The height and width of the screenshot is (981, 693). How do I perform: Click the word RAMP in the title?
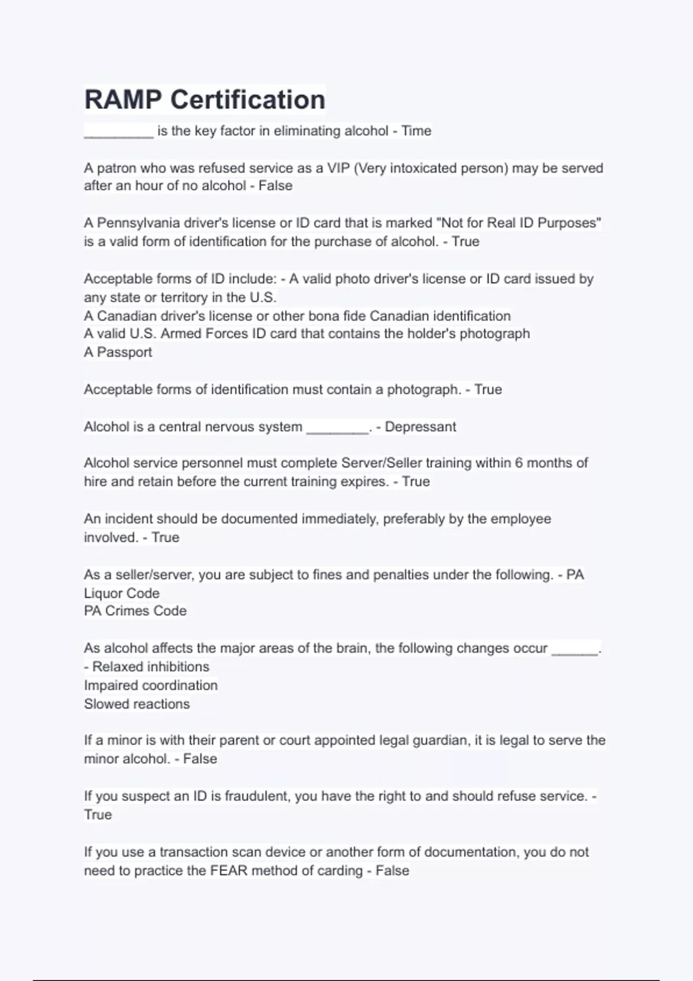[123, 100]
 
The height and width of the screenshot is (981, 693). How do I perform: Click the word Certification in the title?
[248, 100]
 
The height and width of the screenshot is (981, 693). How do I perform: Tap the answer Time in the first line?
[416, 131]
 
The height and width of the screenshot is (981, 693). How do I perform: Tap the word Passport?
[124, 352]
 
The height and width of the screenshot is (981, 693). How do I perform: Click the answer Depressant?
[420, 426]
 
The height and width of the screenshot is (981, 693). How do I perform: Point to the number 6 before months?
[519, 463]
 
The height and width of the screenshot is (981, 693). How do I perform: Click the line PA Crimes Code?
[135, 611]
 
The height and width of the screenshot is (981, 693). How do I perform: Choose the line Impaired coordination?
[151, 685]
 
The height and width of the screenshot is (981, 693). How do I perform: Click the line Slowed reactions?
[137, 704]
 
